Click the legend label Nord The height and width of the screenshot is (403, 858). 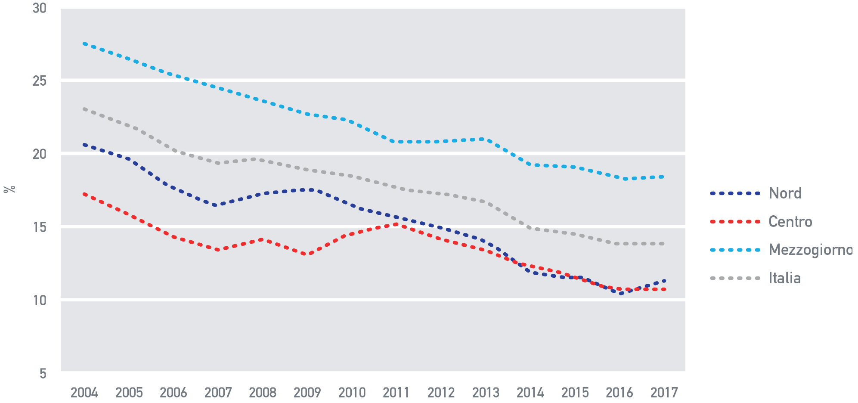click(785, 193)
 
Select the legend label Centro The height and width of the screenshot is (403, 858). click(790, 222)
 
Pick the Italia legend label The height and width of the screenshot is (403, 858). click(784, 278)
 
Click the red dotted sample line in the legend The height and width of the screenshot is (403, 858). click(735, 222)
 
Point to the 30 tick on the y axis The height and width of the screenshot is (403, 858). click(40, 8)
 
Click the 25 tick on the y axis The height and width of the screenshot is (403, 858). click(40, 81)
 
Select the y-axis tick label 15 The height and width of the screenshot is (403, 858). click(40, 227)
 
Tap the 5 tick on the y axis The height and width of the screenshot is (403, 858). click(43, 373)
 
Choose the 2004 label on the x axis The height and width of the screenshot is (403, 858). click(84, 392)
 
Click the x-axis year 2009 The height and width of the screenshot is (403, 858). click(307, 392)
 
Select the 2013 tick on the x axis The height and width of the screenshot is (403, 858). click(486, 392)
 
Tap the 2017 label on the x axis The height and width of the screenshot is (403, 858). click(664, 392)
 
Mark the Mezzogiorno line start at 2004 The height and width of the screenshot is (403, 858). click(84, 43)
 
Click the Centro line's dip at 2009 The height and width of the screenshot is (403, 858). click(306, 254)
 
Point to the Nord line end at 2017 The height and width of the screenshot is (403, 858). click(664, 281)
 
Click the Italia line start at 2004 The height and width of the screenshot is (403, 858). click(84, 109)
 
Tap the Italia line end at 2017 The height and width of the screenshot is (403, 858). click(664, 244)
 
